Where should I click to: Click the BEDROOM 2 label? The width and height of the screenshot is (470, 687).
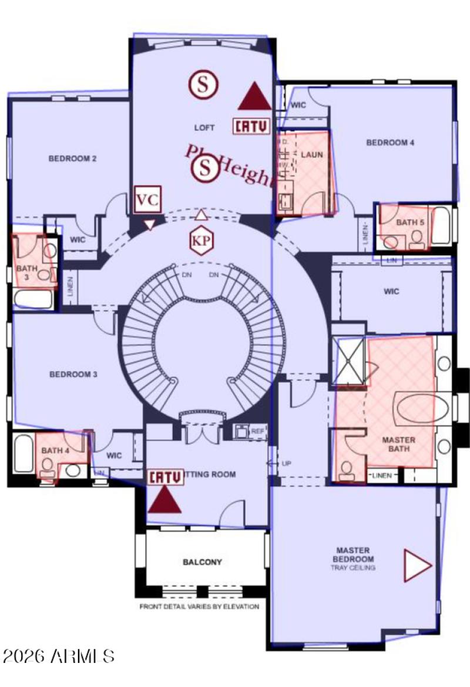tap(72, 158)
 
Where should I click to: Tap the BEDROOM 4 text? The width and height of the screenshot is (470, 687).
tap(390, 142)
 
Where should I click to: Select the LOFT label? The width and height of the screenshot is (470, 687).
tap(204, 128)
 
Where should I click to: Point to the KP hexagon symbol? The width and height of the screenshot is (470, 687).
tap(201, 241)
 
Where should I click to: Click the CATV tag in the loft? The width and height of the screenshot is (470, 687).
tap(252, 126)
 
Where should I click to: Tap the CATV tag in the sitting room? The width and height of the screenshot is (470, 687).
tap(166, 476)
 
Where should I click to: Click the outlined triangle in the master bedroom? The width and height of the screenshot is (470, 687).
tap(417, 565)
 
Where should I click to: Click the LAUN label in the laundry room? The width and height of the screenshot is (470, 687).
tap(312, 154)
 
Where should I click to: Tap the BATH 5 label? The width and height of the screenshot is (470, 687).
tap(409, 222)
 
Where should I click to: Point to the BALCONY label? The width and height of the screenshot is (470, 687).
tap(202, 562)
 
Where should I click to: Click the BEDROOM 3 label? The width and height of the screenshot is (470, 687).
tap(73, 374)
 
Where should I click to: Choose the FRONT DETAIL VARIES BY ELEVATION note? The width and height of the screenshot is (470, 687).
tap(199, 606)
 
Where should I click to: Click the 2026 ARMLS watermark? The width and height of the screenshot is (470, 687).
tap(59, 656)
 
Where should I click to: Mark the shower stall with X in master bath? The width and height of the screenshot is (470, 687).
tap(349, 361)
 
